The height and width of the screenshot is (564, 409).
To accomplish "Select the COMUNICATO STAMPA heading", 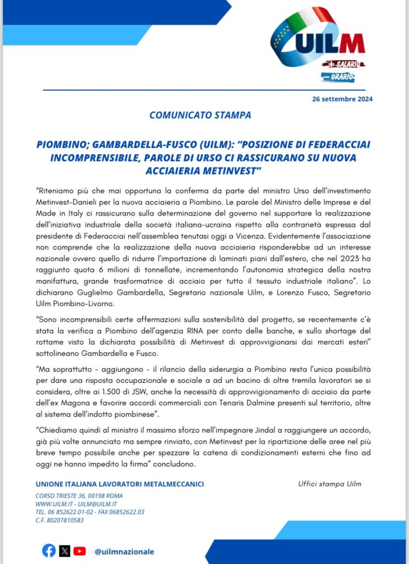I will [x=200, y=116].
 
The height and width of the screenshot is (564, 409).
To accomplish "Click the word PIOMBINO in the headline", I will [x=62, y=144].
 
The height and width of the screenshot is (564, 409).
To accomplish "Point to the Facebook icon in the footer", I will [x=49, y=551].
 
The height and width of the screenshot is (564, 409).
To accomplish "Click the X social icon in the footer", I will [x=64, y=551].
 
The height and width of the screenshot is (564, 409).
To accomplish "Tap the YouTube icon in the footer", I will [x=80, y=551].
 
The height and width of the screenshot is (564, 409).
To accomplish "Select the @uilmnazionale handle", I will [x=124, y=551].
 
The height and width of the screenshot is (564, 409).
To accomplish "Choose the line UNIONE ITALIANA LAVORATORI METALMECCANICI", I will [x=119, y=484].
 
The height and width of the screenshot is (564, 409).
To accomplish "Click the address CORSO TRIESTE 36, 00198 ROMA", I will [x=79, y=496].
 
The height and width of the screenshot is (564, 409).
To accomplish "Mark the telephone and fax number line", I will [x=90, y=512].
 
